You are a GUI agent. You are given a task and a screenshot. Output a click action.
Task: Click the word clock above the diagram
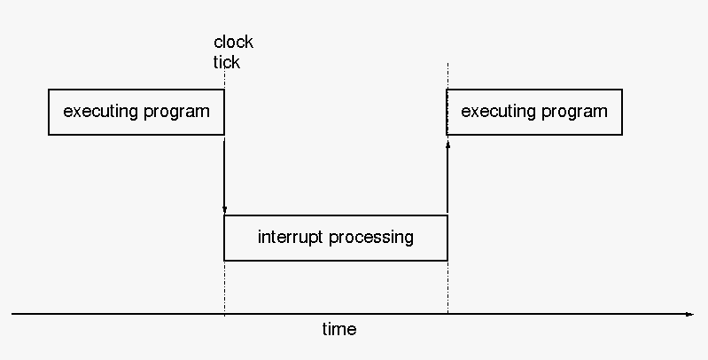click(x=233, y=42)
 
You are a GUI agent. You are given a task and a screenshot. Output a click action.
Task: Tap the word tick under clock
click(x=227, y=62)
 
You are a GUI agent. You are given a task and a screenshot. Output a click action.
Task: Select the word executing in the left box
click(x=101, y=112)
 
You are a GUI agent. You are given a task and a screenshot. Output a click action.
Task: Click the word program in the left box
click(x=176, y=112)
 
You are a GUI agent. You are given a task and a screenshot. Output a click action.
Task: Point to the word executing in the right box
click(x=499, y=112)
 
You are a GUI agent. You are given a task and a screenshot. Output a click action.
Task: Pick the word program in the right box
click(x=574, y=112)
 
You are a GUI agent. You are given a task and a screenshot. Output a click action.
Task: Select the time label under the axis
click(x=339, y=329)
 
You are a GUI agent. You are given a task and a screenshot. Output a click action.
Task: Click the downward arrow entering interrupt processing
click(x=224, y=176)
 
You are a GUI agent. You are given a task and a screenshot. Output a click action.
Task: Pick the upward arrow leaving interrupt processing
click(x=447, y=176)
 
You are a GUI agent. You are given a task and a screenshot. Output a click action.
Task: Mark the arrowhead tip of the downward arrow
click(x=224, y=213)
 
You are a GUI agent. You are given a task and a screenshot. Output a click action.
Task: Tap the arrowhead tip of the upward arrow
click(x=447, y=141)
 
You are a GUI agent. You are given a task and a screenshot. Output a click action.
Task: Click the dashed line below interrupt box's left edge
click(x=224, y=287)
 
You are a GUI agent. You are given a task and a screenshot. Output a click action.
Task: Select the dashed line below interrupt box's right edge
click(x=447, y=287)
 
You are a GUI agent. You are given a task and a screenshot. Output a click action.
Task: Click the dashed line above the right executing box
click(x=447, y=76)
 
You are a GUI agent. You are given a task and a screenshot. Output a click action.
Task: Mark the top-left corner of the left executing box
click(x=49, y=90)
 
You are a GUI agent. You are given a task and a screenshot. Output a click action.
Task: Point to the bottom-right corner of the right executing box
click(x=622, y=135)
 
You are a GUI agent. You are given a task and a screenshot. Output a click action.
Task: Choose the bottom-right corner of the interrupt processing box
click(x=447, y=261)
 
